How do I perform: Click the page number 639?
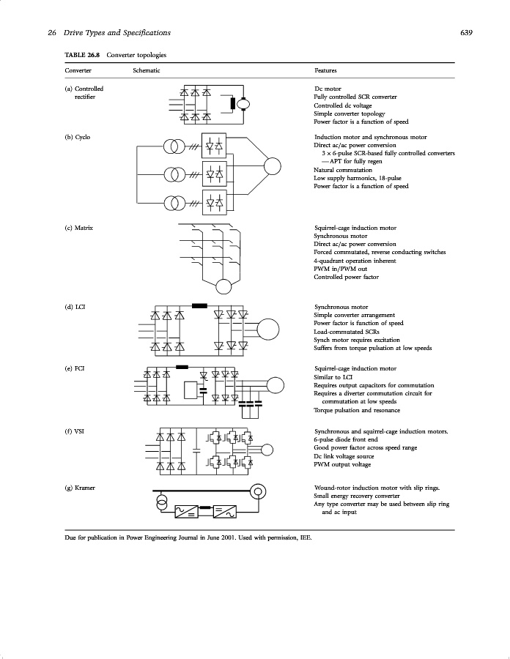pyautogui.click(x=466, y=32)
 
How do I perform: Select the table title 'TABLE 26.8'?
pyautogui.click(x=82, y=55)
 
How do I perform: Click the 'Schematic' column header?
pyautogui.click(x=147, y=70)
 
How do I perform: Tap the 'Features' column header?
pyautogui.click(x=325, y=70)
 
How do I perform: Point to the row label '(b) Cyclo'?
pyautogui.click(x=78, y=137)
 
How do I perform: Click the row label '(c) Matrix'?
pyautogui.click(x=79, y=228)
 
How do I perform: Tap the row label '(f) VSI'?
pyautogui.click(x=75, y=432)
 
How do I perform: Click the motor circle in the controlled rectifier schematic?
pyautogui.click(x=243, y=105)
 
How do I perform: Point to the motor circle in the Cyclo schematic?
pyautogui.click(x=273, y=167)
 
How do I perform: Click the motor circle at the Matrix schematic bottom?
pyautogui.click(x=223, y=286)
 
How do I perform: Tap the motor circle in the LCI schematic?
pyautogui.click(x=268, y=330)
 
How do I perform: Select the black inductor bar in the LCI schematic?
pyautogui.click(x=199, y=305)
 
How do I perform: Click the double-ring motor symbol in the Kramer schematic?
pyautogui.click(x=257, y=491)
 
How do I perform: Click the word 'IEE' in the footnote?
pyautogui.click(x=306, y=538)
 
